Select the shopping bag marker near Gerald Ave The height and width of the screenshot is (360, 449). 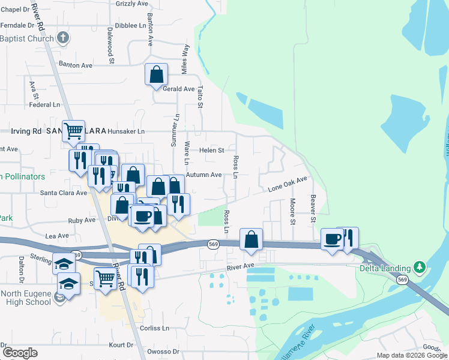point(156,75)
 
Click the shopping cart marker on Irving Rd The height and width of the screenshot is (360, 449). point(74,130)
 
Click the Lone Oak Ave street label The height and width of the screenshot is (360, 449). point(288,184)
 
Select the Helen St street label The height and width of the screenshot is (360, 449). point(211,150)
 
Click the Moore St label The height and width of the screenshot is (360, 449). point(292,212)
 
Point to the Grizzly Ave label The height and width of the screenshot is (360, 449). point(131,4)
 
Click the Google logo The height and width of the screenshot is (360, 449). point(19,353)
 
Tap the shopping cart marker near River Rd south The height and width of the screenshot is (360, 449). point(106,278)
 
